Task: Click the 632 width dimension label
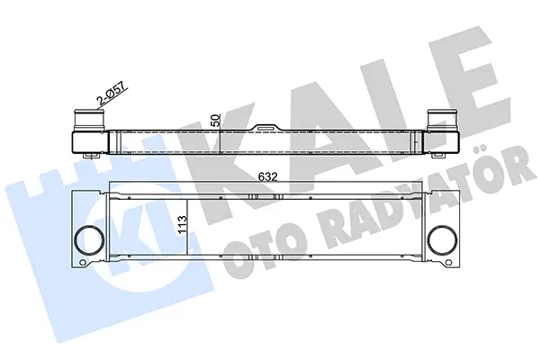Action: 268,177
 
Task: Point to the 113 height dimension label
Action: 183,224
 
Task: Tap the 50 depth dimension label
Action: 214,121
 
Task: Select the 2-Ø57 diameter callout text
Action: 112,92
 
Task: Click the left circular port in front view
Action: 89,239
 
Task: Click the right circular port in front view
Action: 443,239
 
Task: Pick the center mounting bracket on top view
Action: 268,128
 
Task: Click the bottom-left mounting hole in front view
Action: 83,263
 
